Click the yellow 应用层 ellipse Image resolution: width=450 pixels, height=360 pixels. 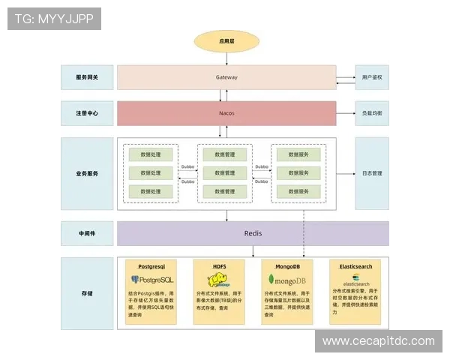(227, 42)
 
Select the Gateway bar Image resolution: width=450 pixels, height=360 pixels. (226, 77)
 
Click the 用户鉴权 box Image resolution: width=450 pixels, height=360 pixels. (372, 77)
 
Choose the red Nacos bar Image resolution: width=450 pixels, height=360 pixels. (226, 113)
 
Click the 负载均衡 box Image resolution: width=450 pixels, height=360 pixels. (372, 113)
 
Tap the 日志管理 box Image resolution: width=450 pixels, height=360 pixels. (372, 173)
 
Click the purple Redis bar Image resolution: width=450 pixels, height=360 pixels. (253, 233)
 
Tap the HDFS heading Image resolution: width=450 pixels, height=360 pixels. (220, 265)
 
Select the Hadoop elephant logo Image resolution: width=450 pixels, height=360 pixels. (218, 280)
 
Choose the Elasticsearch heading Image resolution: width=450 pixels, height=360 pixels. (355, 265)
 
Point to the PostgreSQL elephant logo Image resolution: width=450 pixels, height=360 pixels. (137, 280)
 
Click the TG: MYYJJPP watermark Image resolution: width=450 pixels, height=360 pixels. (54, 19)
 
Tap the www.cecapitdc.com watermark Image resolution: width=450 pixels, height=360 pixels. (378, 341)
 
